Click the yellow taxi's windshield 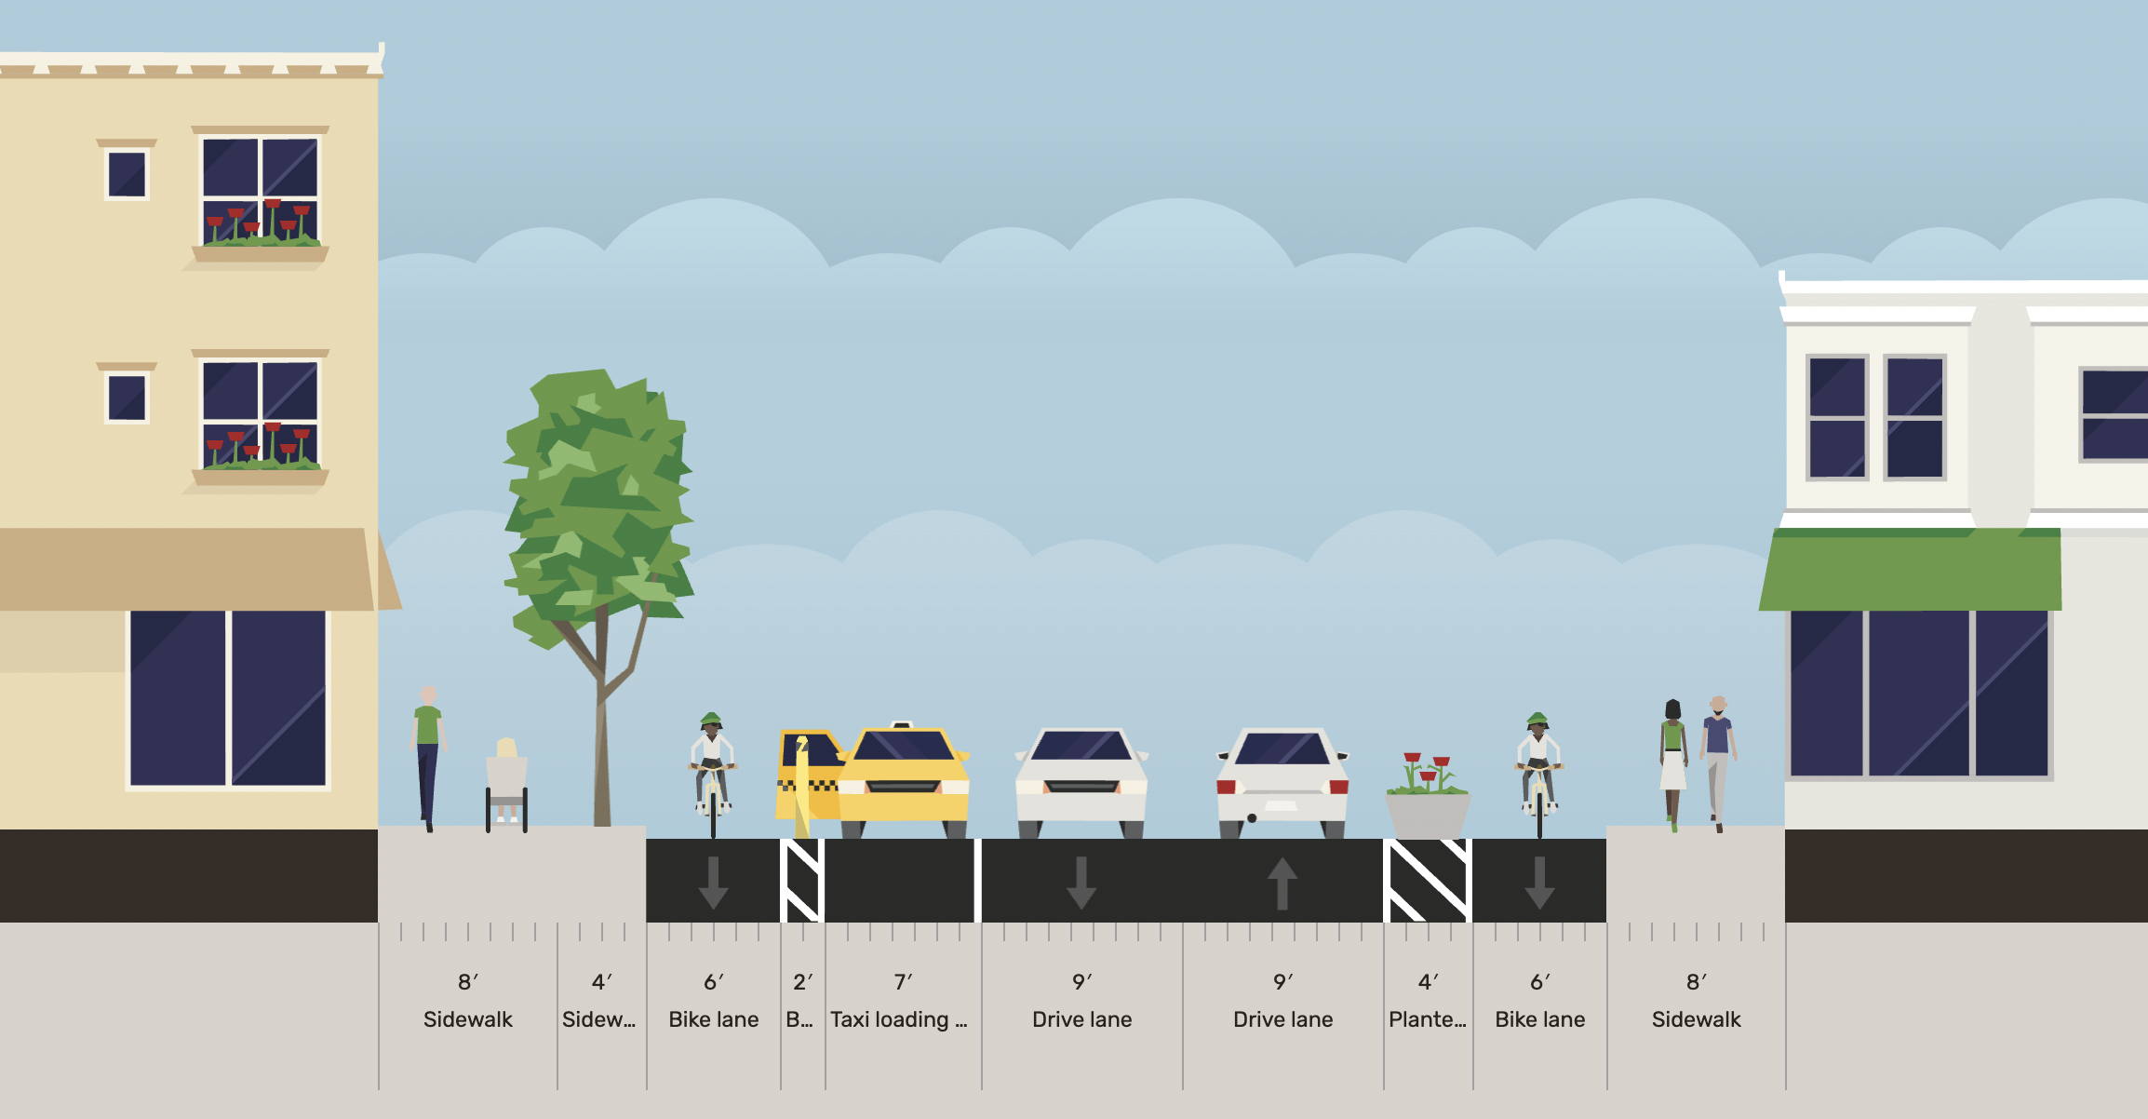[903, 746]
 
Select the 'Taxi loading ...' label [899, 1019]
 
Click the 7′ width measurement [903, 982]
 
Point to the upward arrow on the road [1282, 883]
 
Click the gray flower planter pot [1428, 814]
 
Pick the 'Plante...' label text [1428, 1019]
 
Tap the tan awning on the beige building [186, 568]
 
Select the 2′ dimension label [802, 982]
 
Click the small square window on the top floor [127, 173]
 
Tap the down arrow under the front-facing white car [1081, 883]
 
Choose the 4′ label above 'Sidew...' [601, 982]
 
